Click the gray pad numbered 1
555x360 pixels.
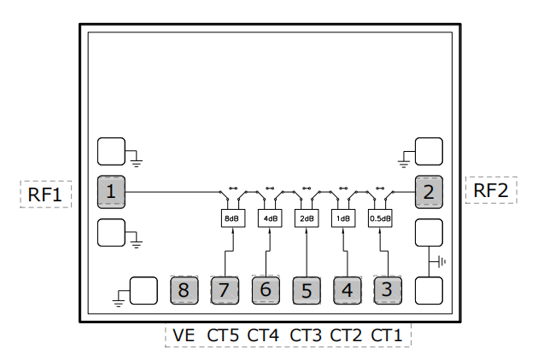[111, 192]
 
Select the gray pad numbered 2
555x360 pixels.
[429, 192]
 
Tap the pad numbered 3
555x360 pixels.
[387, 290]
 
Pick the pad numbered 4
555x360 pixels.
[347, 290]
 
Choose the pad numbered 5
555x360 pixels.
[307, 290]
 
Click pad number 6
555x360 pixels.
[266, 290]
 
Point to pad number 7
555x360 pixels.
[225, 290]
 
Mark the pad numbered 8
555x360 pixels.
[184, 290]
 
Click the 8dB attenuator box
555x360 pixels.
[231, 218]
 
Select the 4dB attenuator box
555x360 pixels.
[269, 218]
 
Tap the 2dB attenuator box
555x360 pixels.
[307, 218]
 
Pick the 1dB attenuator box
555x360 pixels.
[343, 218]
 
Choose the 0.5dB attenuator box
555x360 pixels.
[381, 218]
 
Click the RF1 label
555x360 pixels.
[44, 194]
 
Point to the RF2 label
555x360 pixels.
[491, 190]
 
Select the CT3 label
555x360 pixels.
[306, 335]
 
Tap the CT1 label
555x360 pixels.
[387, 335]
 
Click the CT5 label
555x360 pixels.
[223, 335]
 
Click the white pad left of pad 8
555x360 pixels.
[143, 290]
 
